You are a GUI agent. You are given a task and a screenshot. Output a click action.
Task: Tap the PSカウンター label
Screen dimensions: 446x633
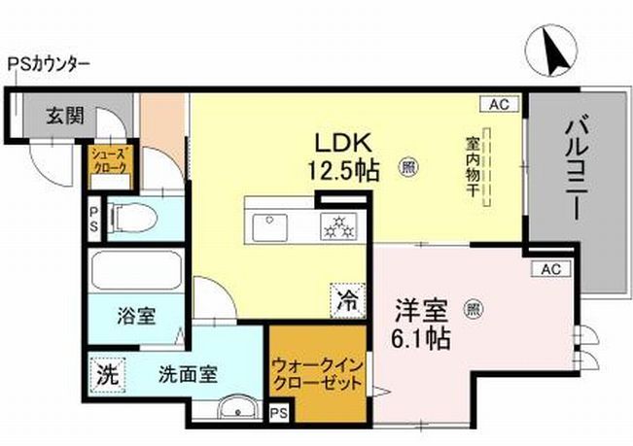(x=49, y=65)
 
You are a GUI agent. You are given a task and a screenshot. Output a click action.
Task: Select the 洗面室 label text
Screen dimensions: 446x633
(x=189, y=372)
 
